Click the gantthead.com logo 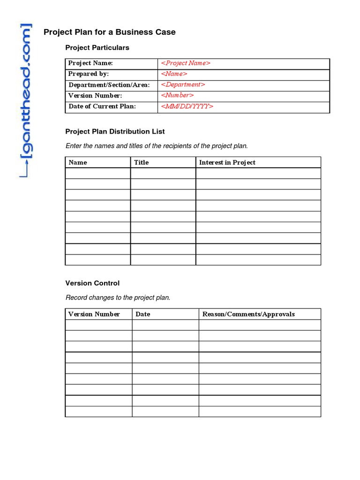pyautogui.click(x=26, y=101)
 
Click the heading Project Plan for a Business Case pyautogui.click(x=110, y=32)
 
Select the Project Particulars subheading pyautogui.click(x=97, y=48)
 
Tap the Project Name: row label pyautogui.click(x=90, y=63)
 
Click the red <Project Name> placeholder pyautogui.click(x=186, y=63)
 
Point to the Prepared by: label pyautogui.click(x=89, y=74)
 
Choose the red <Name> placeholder pyautogui.click(x=174, y=74)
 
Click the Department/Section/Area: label pyautogui.click(x=109, y=85)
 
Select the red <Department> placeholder pyautogui.click(x=183, y=85)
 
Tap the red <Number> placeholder pyautogui.click(x=177, y=96)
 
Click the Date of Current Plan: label pyautogui.click(x=102, y=106)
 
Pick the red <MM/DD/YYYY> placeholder pyautogui.click(x=187, y=106)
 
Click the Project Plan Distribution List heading pyautogui.click(x=115, y=132)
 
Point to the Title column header pyautogui.click(x=141, y=163)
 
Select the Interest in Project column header pyautogui.click(x=227, y=163)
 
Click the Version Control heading pyautogui.click(x=92, y=283)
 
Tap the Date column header pyautogui.click(x=142, y=314)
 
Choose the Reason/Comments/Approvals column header pyautogui.click(x=248, y=314)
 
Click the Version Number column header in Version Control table pyautogui.click(x=94, y=314)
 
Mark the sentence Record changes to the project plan pyautogui.click(x=118, y=298)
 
